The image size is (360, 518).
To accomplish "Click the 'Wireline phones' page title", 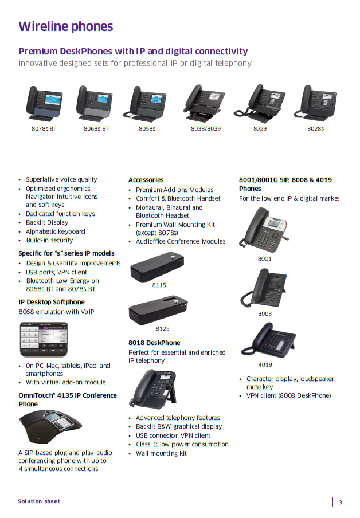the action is point(66,26).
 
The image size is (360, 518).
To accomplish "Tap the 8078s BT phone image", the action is point(44,103).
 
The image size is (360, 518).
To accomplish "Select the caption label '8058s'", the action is point(147,129).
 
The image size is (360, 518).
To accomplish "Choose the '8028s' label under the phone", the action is point(316,129).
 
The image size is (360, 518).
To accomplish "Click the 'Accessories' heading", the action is point(146,180).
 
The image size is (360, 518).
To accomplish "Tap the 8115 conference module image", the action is point(157,267).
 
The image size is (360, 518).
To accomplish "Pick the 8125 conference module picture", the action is point(158,310).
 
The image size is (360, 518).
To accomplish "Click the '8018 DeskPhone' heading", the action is point(154,343).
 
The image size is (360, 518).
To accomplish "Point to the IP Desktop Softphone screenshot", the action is point(44,340).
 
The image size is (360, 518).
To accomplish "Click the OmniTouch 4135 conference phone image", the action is point(50,426).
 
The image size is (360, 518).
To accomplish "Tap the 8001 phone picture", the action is point(264,230).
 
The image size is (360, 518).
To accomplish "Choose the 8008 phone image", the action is point(264,288).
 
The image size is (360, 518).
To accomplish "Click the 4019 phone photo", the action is point(268,340).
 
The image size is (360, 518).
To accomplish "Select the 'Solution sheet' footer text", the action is point(39,501).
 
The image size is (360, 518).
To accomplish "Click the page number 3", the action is point(341,503).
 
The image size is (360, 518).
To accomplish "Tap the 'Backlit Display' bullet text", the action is point(47,223).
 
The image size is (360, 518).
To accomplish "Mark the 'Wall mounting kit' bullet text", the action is point(161,454).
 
